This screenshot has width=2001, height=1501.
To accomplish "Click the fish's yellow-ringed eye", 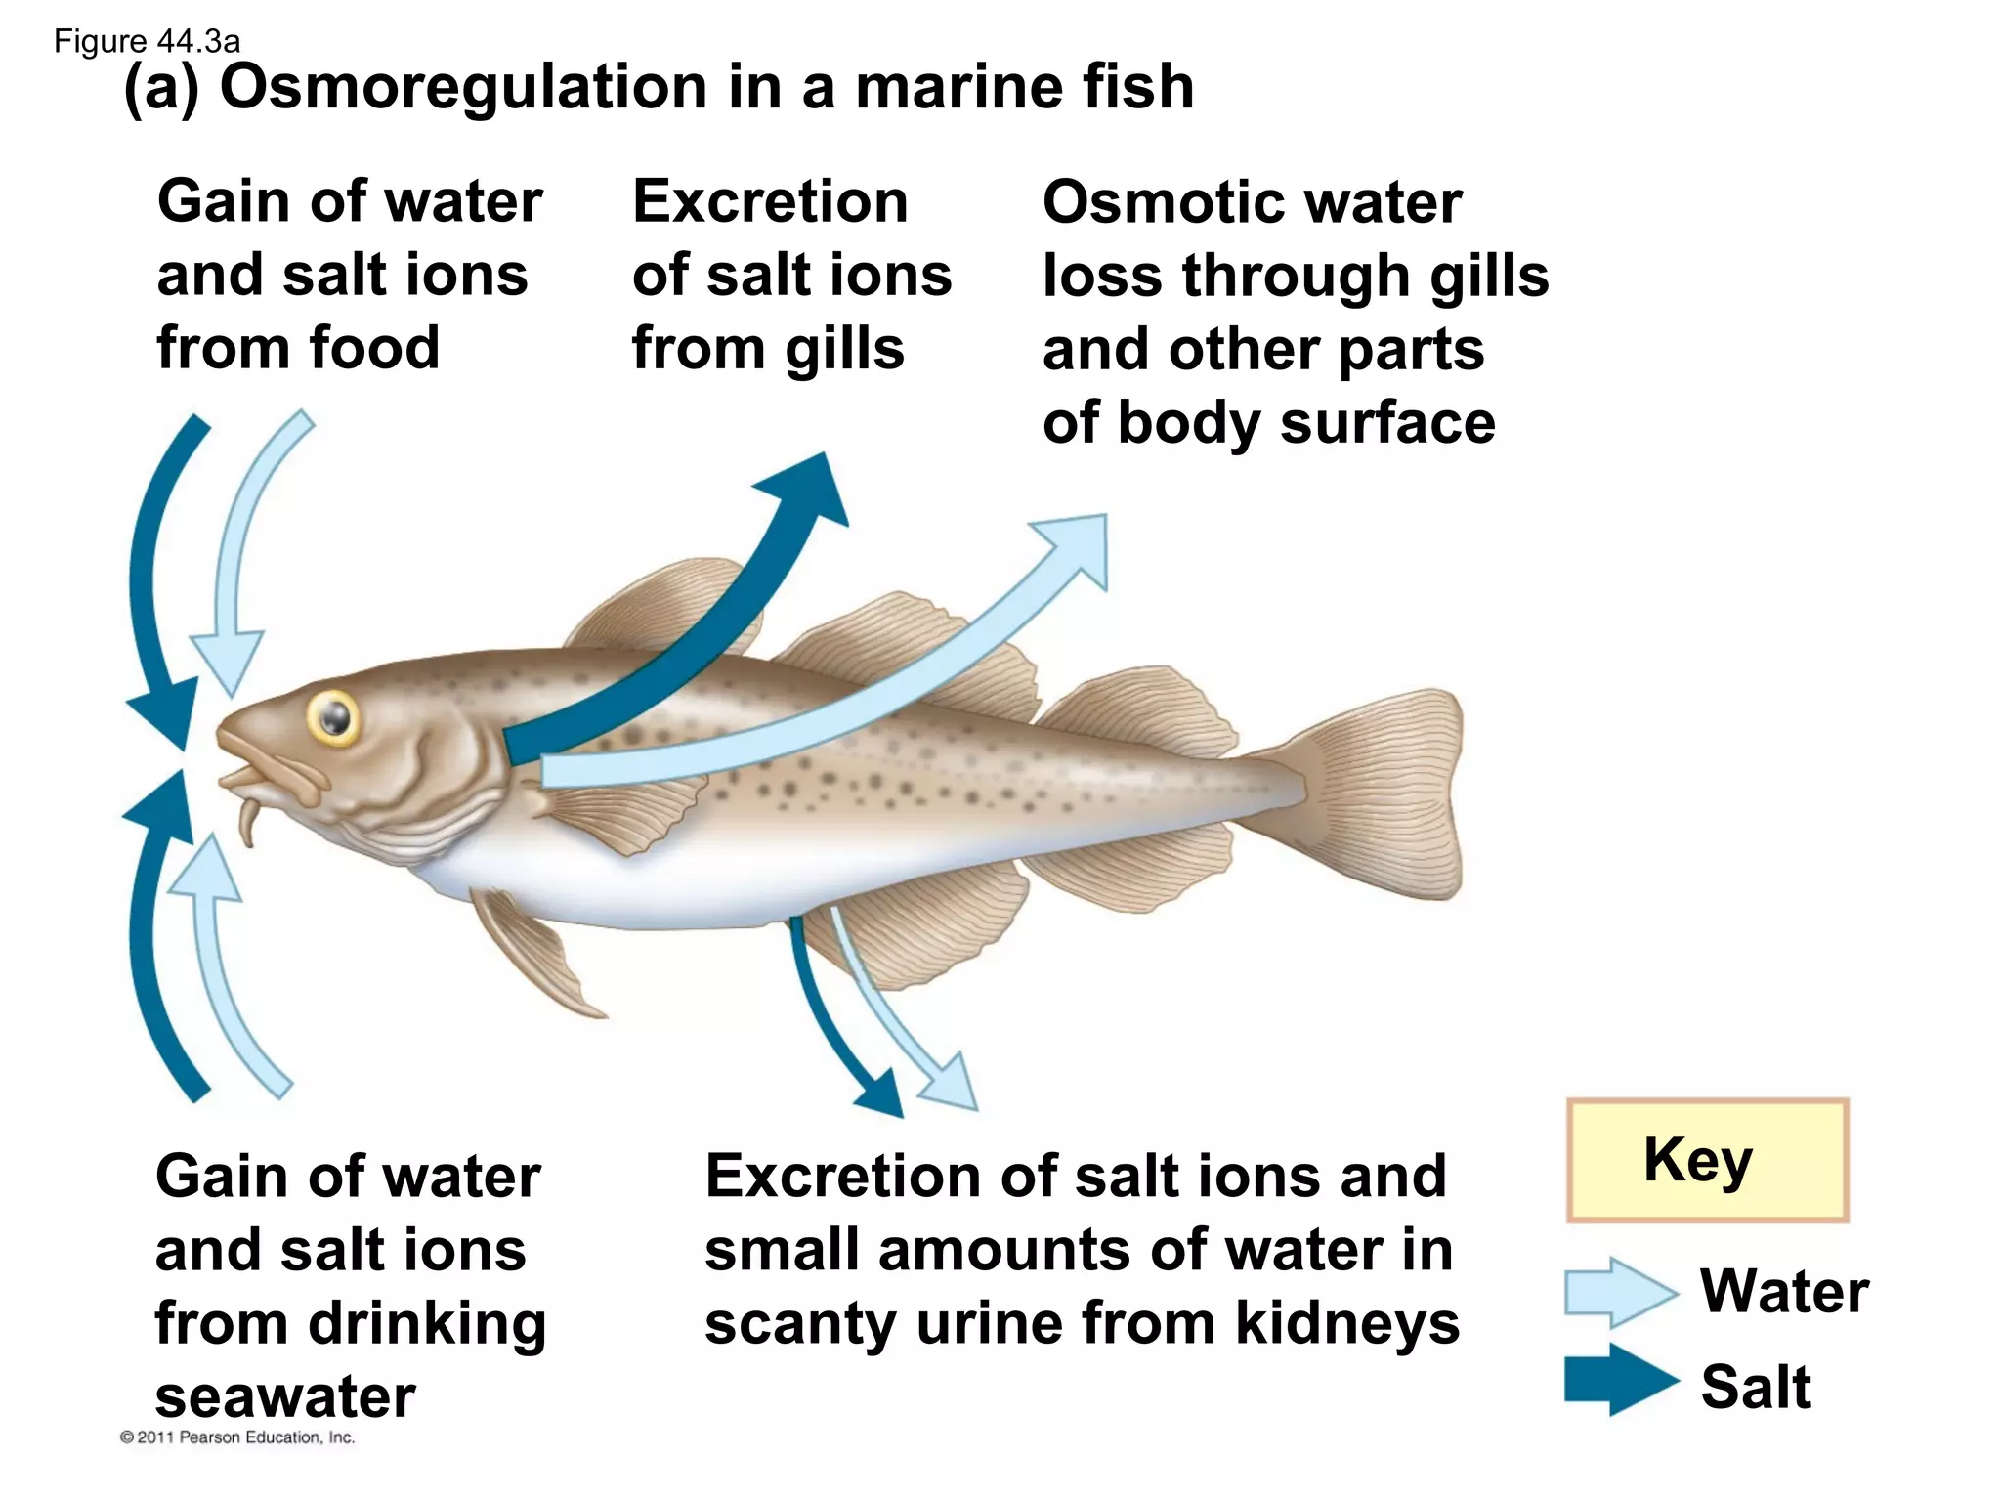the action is coord(333,718).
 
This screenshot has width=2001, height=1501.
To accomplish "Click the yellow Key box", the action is coord(1707,1160).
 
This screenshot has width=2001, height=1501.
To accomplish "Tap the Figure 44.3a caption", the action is coord(147,41).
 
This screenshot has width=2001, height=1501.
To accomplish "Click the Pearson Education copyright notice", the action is coord(237,1437).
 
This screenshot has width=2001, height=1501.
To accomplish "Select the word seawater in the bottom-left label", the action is coord(285,1396).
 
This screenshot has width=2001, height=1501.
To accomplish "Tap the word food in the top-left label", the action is coord(374,348).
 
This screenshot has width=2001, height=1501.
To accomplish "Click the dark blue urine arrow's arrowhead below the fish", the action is coord(882,1094).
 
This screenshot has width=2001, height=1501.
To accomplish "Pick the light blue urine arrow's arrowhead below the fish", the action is coord(952,1085).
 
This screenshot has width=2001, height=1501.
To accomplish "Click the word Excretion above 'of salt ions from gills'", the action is coord(770,202).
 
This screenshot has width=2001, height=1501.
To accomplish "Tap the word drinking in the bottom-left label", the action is coord(427,1323).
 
